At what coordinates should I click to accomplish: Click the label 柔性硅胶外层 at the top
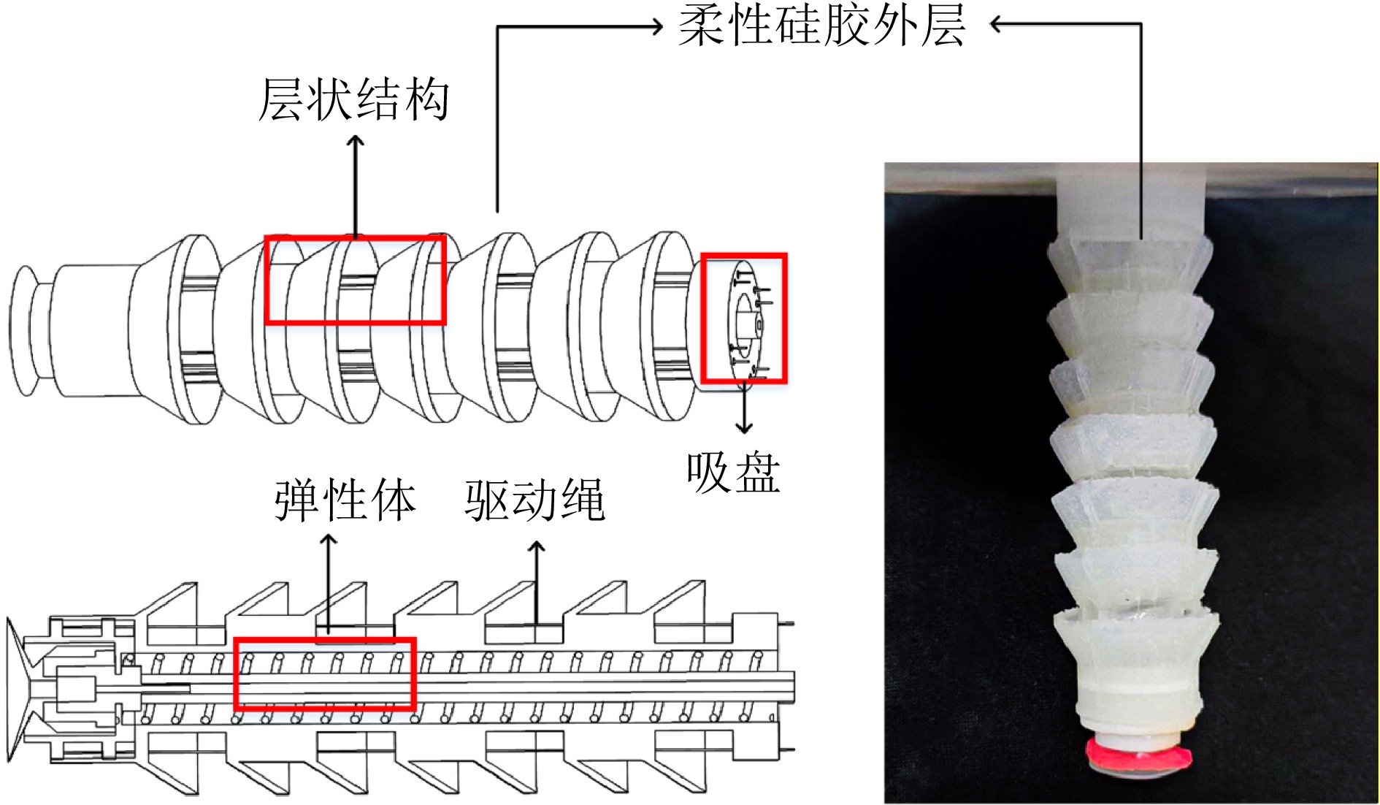tap(821, 26)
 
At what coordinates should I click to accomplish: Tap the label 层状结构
tap(354, 99)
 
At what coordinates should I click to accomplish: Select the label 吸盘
tap(733, 473)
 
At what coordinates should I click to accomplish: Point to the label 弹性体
tap(345, 501)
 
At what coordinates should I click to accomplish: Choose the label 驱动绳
tap(535, 501)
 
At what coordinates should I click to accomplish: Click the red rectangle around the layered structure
tap(356, 280)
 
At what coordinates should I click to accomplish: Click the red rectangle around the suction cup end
tap(744, 318)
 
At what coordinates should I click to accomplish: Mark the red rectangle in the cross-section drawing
tap(325, 674)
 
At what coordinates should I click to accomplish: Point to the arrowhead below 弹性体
tap(329, 539)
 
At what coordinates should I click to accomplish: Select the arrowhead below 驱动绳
tap(537, 545)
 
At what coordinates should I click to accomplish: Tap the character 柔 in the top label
tap(702, 26)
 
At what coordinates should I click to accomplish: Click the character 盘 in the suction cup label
tap(757, 473)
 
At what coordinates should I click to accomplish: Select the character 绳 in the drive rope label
tap(582, 501)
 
